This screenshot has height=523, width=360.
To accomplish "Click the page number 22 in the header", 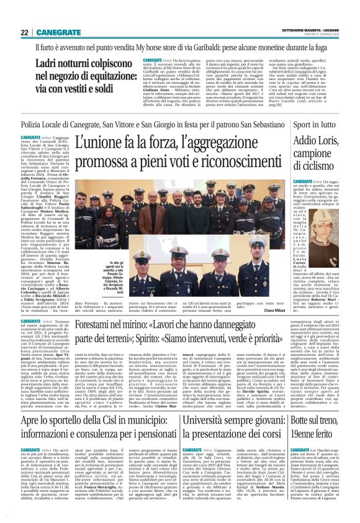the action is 24,31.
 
